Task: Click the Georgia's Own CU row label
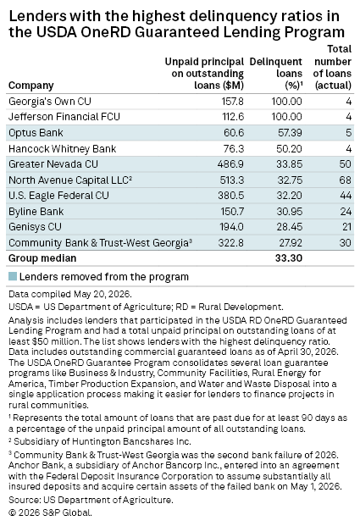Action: coord(50,102)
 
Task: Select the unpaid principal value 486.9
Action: coord(230,164)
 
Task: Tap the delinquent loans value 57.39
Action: coord(290,133)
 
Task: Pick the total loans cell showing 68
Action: coord(345,180)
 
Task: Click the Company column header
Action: coord(30,86)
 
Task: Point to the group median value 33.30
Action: coord(289,258)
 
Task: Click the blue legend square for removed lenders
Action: coord(13,276)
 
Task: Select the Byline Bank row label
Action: coord(36,212)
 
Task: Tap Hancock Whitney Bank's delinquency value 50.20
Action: coord(289,148)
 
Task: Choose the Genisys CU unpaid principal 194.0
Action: coord(232,227)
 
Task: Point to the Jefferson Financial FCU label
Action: coord(64,117)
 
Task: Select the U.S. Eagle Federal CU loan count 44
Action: coord(346,196)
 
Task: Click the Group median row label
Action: coord(42,258)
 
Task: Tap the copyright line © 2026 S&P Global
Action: coord(50,512)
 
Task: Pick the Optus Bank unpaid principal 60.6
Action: coord(234,133)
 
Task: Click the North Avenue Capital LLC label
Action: coord(70,180)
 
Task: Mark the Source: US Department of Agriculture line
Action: coord(91,500)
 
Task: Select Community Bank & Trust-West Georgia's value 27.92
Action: coord(291,243)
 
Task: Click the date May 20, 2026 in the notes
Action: coord(102,294)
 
